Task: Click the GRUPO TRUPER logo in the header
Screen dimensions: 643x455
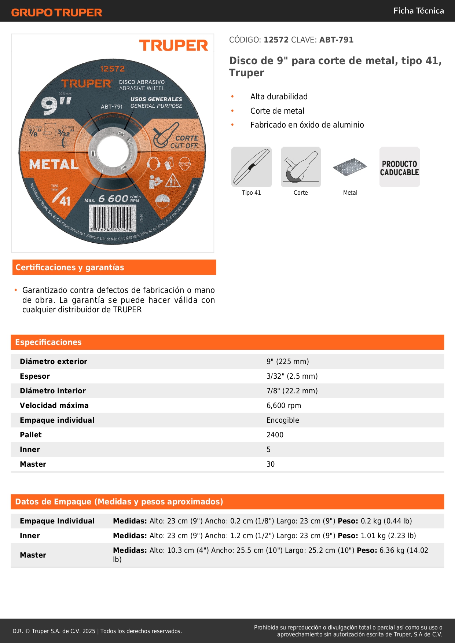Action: coord(56,12)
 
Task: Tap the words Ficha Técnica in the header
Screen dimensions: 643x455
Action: coord(418,11)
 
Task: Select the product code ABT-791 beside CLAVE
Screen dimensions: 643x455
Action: coord(336,40)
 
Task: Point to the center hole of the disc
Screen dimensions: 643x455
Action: coord(109,150)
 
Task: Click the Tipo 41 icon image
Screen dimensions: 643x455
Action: coord(252,167)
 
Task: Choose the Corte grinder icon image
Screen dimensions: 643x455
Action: coord(301,167)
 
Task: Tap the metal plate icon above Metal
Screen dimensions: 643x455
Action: coord(350,167)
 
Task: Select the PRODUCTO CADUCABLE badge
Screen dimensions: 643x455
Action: coord(399,168)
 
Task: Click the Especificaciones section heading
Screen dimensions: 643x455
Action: coord(48,342)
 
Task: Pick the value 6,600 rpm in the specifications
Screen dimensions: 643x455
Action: coord(284,405)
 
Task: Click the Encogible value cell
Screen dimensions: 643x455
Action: coord(283,420)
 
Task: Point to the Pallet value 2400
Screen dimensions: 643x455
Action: coord(275,435)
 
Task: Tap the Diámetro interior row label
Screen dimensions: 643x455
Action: coord(53,391)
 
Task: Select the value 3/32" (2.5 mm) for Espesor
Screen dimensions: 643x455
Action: coord(292,376)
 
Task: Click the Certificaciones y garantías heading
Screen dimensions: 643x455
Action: coord(70,267)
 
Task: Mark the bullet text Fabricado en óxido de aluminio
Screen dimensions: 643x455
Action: coord(307,125)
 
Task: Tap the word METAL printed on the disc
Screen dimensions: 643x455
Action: coord(54,164)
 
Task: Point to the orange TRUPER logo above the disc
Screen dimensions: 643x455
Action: coord(173,45)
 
